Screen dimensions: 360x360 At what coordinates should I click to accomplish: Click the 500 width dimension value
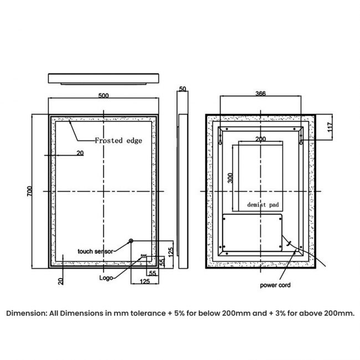coord(104,95)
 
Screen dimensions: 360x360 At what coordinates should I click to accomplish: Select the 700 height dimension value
coord(30,191)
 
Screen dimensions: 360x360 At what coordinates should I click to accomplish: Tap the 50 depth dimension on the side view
coord(183,89)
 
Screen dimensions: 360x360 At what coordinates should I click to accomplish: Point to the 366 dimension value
coord(261,94)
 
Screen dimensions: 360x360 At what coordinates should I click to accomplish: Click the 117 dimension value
coord(330,127)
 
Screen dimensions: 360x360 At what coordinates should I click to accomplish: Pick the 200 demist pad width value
coord(261,139)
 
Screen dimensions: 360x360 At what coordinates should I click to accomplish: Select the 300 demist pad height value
coord(230,178)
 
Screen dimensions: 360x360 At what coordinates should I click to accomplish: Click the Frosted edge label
coord(119,140)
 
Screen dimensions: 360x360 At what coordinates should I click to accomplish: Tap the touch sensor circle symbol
coord(131,241)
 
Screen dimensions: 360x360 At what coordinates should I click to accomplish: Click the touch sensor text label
coord(95,251)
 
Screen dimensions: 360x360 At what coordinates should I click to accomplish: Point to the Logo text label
coord(106,278)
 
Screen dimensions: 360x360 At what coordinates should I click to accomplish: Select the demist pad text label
coord(263,204)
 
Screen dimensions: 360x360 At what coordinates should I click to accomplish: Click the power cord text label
coord(275,285)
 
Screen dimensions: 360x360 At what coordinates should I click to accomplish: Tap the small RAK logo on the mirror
coord(143,255)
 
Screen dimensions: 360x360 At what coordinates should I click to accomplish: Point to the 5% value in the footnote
coord(179,313)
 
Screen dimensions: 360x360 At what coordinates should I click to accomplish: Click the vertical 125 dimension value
coord(171,253)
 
